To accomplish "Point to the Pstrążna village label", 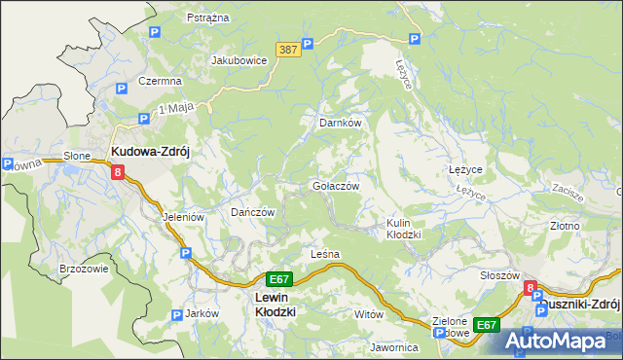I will click(x=207, y=18).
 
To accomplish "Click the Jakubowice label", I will click(x=239, y=59).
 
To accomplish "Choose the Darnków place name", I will click(x=341, y=124).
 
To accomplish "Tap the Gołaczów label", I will click(x=336, y=186).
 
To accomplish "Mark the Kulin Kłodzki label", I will click(x=403, y=229).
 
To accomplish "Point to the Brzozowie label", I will click(x=84, y=269).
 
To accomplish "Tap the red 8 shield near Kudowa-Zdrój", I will click(x=117, y=172).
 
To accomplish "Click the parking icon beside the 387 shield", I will click(x=307, y=43).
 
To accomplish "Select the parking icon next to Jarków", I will click(x=176, y=314).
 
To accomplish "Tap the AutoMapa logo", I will click(x=556, y=341).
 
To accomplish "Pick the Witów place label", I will click(x=369, y=314).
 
